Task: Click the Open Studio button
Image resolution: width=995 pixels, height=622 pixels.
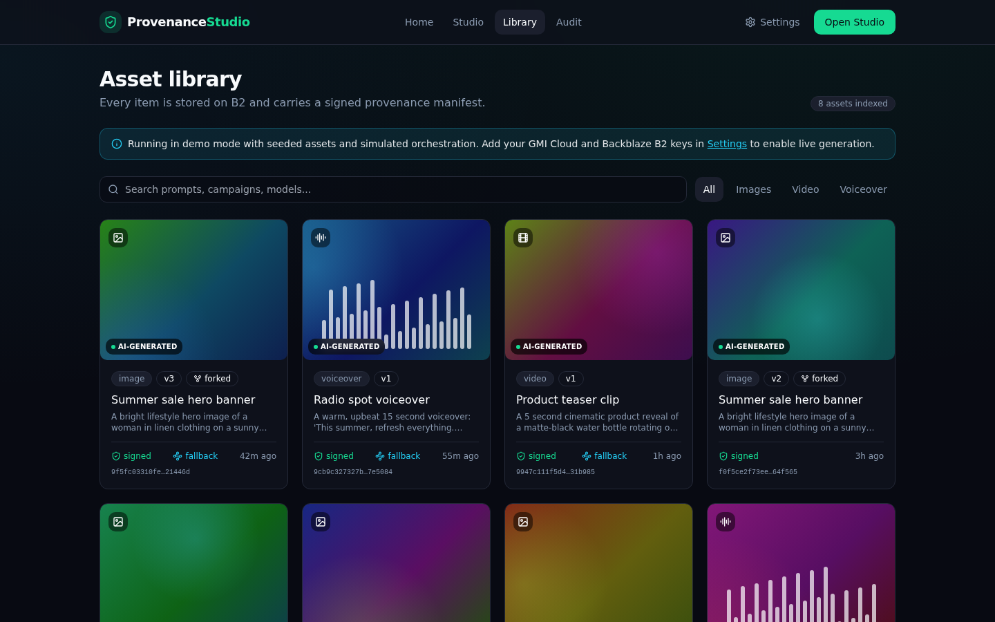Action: [854, 22]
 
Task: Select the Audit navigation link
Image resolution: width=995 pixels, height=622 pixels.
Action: [569, 22]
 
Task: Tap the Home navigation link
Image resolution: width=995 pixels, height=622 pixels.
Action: [419, 22]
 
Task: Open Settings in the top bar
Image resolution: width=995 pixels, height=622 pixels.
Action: [773, 22]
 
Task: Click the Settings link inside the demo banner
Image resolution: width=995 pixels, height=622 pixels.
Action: [727, 144]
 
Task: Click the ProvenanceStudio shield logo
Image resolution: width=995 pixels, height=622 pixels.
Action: [111, 22]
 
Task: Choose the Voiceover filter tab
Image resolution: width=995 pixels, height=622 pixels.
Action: [863, 189]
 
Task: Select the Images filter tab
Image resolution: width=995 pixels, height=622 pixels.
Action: [753, 189]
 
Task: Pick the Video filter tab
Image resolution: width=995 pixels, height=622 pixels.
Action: [806, 189]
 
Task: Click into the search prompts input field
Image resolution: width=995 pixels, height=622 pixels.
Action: [393, 189]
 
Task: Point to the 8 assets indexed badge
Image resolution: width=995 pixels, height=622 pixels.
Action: [853, 104]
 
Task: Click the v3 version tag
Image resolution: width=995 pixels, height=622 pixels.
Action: [169, 379]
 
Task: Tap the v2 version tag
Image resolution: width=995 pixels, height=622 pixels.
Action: [776, 379]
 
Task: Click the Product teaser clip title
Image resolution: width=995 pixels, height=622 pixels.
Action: [567, 400]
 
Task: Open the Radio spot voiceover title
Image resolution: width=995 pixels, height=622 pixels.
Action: [371, 400]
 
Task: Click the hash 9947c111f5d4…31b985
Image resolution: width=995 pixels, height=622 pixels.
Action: [556, 472]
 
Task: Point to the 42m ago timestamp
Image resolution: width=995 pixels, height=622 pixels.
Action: [258, 456]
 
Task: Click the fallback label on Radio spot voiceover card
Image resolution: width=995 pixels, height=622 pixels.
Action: [397, 456]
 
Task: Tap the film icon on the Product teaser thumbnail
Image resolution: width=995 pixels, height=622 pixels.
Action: [523, 238]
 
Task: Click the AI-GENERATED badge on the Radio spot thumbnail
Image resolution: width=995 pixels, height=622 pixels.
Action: [346, 346]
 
